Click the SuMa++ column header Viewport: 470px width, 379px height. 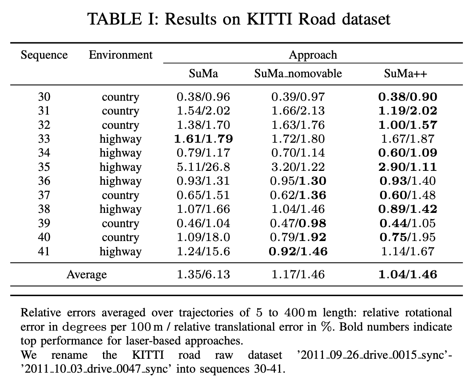click(x=405, y=74)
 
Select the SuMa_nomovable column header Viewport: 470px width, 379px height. click(x=298, y=74)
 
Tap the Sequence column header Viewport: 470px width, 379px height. click(x=44, y=55)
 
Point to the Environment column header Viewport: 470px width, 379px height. click(x=120, y=55)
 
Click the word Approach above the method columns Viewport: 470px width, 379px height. click(x=313, y=55)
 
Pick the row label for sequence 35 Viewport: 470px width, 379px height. click(x=44, y=167)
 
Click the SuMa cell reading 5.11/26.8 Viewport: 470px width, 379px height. click(x=203, y=167)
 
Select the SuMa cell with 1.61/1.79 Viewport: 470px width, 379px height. click(x=203, y=139)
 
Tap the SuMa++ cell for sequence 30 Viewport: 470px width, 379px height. click(x=408, y=97)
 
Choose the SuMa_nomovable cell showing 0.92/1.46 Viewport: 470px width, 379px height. click(x=298, y=251)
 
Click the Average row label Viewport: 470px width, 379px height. click(x=87, y=274)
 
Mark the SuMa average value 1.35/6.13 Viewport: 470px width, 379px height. click(x=203, y=274)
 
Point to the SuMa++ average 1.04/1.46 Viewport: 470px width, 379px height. click(x=408, y=274)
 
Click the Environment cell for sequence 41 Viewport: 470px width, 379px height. click(x=120, y=251)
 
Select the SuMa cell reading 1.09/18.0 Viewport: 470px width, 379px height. click(x=203, y=237)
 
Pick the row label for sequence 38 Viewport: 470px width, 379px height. click(x=44, y=209)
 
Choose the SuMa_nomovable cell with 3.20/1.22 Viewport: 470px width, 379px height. click(x=298, y=167)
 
